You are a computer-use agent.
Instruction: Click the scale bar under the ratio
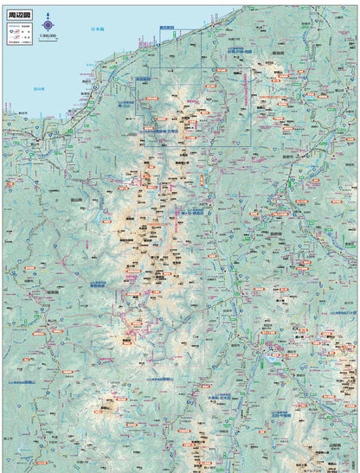pyautogui.click(x=48, y=42)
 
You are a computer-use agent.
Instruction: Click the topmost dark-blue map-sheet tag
pyautogui.click(x=167, y=28)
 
